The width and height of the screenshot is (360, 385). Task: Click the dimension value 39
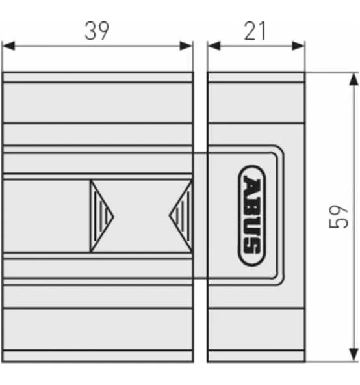coord(97,31)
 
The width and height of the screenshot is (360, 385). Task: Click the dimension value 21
coord(255,31)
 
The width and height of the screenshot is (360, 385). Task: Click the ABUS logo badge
coord(252,216)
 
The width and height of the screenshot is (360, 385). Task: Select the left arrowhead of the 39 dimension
coord(8,46)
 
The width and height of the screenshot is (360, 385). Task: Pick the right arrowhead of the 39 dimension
coord(186,46)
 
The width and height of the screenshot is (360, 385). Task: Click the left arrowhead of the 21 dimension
coord(214,46)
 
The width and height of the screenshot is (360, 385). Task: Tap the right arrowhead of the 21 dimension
coord(299,46)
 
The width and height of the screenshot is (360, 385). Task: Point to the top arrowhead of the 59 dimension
coord(353,79)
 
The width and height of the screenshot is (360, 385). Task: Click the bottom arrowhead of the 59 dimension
coord(353,355)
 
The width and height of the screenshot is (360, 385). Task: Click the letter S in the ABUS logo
coord(252,246)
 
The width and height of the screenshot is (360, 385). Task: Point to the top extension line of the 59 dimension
coord(331,72)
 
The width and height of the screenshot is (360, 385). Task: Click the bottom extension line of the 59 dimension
coord(331,362)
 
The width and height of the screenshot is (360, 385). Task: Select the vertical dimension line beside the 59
coord(353,163)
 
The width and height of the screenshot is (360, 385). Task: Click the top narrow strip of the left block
coord(97,77)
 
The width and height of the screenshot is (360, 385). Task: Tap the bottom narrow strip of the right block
coord(256,356)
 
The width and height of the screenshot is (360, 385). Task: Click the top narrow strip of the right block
coord(256,77)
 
